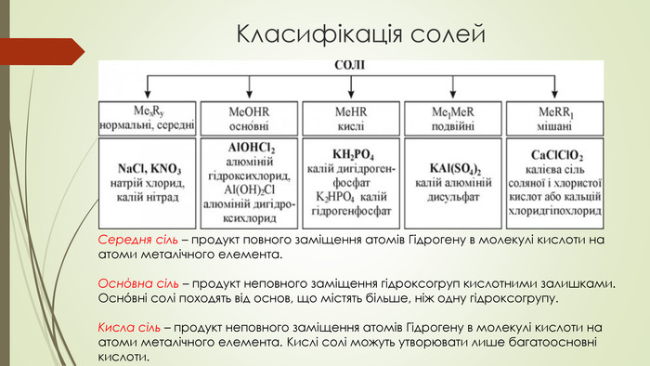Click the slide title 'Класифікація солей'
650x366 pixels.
tap(361, 35)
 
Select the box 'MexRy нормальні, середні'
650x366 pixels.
tap(149, 116)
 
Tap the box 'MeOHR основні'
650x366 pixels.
tap(249, 116)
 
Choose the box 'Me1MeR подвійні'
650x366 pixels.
tap(453, 116)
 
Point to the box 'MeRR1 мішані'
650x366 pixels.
tap(555, 116)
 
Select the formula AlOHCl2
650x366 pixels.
tap(251, 148)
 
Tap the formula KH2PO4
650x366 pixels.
tap(353, 153)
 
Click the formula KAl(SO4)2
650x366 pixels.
tap(455, 168)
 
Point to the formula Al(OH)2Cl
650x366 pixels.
tap(251, 190)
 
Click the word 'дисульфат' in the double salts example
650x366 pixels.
tap(454, 198)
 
